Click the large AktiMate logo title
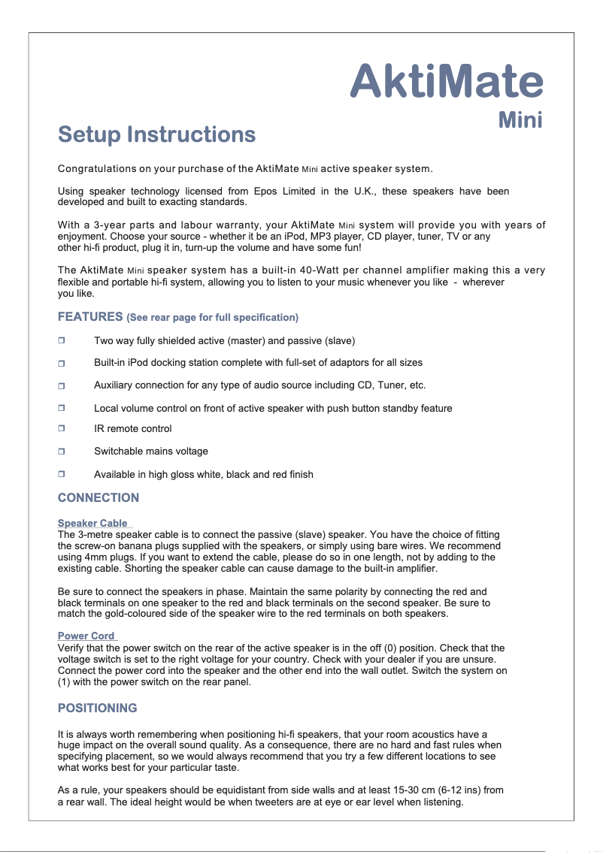(446, 81)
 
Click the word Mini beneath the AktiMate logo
(521, 120)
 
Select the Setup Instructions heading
(156, 135)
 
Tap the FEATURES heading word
(90, 316)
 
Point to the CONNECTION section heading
(98, 497)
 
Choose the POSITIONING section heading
(98, 708)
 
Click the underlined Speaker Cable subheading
(92, 523)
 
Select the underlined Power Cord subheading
(86, 636)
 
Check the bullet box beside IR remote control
(62, 429)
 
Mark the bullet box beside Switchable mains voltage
(62, 452)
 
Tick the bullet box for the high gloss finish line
(62, 475)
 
